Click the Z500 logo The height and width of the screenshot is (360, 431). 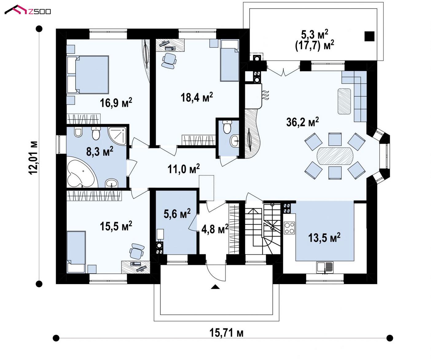point(28,10)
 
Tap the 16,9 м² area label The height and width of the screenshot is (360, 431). point(116,103)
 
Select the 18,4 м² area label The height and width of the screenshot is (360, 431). point(197,97)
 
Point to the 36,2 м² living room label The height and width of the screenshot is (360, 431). point(302,122)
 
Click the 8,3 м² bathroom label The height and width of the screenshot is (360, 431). point(100,151)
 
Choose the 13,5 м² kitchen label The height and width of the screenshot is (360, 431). point(324,237)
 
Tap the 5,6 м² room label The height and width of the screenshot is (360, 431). point(177,213)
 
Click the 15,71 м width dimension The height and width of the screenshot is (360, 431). point(226,333)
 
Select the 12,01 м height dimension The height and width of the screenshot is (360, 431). point(33,158)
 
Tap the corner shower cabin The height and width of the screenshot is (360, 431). point(117,136)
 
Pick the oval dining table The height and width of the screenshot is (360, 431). point(335,156)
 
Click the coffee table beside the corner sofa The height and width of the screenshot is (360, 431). point(344,101)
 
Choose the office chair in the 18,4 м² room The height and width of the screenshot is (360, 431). point(169,61)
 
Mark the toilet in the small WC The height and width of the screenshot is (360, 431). point(227,127)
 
